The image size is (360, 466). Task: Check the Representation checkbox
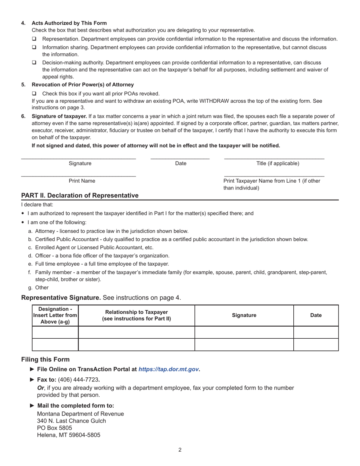point(34,39)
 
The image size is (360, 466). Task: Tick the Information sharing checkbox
point(34,47)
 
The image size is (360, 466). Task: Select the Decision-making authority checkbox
point(34,63)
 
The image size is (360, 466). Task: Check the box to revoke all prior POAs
point(34,94)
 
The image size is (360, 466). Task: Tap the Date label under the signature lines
point(181,163)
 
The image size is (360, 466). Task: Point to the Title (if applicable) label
point(278,163)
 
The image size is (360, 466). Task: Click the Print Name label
point(82,181)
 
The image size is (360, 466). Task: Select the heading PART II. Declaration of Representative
point(80,195)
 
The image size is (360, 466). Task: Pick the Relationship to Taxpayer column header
point(136,315)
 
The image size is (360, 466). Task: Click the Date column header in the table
point(316,315)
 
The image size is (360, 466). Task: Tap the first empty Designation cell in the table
point(55,332)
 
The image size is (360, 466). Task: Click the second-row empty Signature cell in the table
point(244,345)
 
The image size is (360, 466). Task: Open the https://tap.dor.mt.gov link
point(169,369)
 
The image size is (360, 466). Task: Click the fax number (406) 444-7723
point(78,380)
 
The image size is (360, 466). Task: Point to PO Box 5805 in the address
point(55,428)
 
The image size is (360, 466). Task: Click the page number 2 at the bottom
point(180,450)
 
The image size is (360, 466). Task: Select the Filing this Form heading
point(45,359)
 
